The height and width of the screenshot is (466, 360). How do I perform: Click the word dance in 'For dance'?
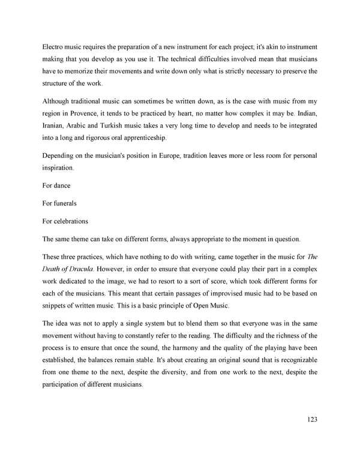pos(62,186)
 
